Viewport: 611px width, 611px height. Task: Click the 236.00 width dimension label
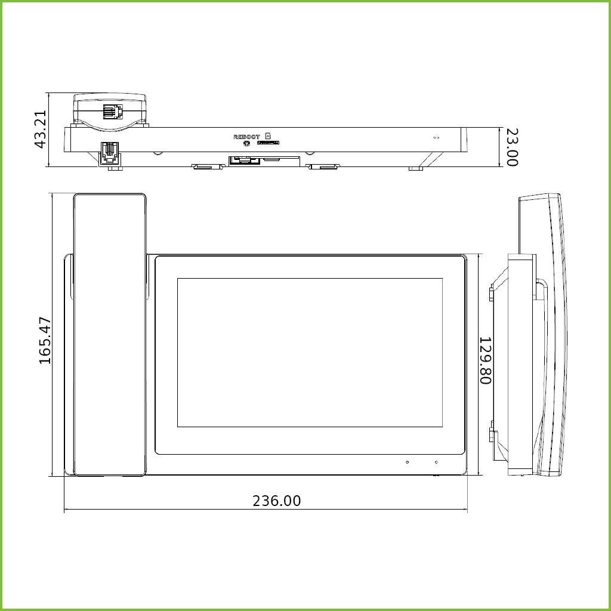click(x=276, y=501)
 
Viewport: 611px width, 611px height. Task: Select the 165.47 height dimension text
click(x=45, y=341)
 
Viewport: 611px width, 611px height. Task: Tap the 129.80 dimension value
click(x=485, y=360)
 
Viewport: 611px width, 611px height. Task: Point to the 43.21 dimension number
click(x=40, y=129)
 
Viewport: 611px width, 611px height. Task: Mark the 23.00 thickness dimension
click(x=511, y=147)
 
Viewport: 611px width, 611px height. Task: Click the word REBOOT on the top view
click(x=246, y=137)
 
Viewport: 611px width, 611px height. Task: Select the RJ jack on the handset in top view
click(x=112, y=111)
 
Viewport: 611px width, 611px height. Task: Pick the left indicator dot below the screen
click(x=408, y=462)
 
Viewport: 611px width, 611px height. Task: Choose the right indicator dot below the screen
click(x=436, y=462)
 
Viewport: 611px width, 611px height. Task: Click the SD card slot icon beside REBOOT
click(x=268, y=136)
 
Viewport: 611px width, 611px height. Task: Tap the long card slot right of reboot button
click(x=268, y=143)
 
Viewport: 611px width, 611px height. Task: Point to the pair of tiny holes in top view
click(x=436, y=138)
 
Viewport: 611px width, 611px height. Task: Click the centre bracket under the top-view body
click(x=264, y=161)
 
